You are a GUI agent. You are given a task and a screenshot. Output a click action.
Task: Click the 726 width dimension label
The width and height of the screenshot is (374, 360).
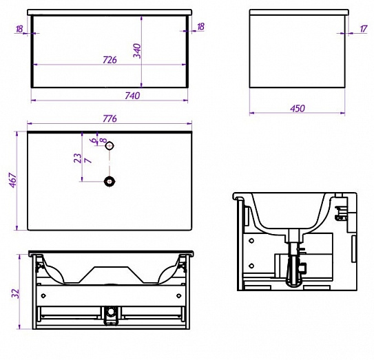(x=110, y=60)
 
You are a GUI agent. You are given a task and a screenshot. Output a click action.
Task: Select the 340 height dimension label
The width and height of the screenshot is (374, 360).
(x=137, y=51)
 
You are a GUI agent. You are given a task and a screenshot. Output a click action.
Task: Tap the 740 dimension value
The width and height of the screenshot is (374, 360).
(x=132, y=96)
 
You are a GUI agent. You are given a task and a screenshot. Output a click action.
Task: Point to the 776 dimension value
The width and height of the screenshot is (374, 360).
(x=110, y=118)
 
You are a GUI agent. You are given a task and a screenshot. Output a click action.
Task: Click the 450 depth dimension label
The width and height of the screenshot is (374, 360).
(x=298, y=109)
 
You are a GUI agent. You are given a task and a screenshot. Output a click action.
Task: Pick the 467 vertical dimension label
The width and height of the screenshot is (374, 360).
(x=13, y=180)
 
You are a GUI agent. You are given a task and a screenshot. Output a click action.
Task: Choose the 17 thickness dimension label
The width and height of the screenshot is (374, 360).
(x=364, y=29)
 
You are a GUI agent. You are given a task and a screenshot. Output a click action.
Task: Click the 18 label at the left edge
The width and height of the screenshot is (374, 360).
(x=19, y=29)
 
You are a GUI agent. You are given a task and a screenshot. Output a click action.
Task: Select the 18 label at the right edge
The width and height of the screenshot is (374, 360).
(x=201, y=26)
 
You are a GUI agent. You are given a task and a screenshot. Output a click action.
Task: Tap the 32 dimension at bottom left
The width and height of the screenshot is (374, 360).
(x=15, y=293)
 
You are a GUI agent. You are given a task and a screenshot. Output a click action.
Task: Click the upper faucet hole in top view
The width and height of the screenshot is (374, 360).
(x=110, y=145)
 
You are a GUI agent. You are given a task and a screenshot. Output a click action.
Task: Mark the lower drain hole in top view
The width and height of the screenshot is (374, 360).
(x=110, y=182)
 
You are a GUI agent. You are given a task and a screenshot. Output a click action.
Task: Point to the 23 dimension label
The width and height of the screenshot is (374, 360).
(x=78, y=158)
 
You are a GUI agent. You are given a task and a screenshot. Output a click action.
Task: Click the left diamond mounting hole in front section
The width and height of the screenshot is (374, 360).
(x=43, y=296)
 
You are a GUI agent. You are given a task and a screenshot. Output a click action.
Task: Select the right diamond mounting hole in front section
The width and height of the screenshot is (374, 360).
(x=178, y=296)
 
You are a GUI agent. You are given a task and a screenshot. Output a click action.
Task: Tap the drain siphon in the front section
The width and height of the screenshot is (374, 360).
(x=111, y=315)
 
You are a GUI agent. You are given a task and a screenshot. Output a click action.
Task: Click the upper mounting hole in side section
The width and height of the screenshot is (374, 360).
(x=251, y=241)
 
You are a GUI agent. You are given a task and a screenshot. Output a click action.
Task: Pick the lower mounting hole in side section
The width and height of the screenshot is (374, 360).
(x=251, y=266)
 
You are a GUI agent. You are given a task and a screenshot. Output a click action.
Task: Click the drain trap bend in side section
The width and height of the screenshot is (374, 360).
(x=294, y=282)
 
